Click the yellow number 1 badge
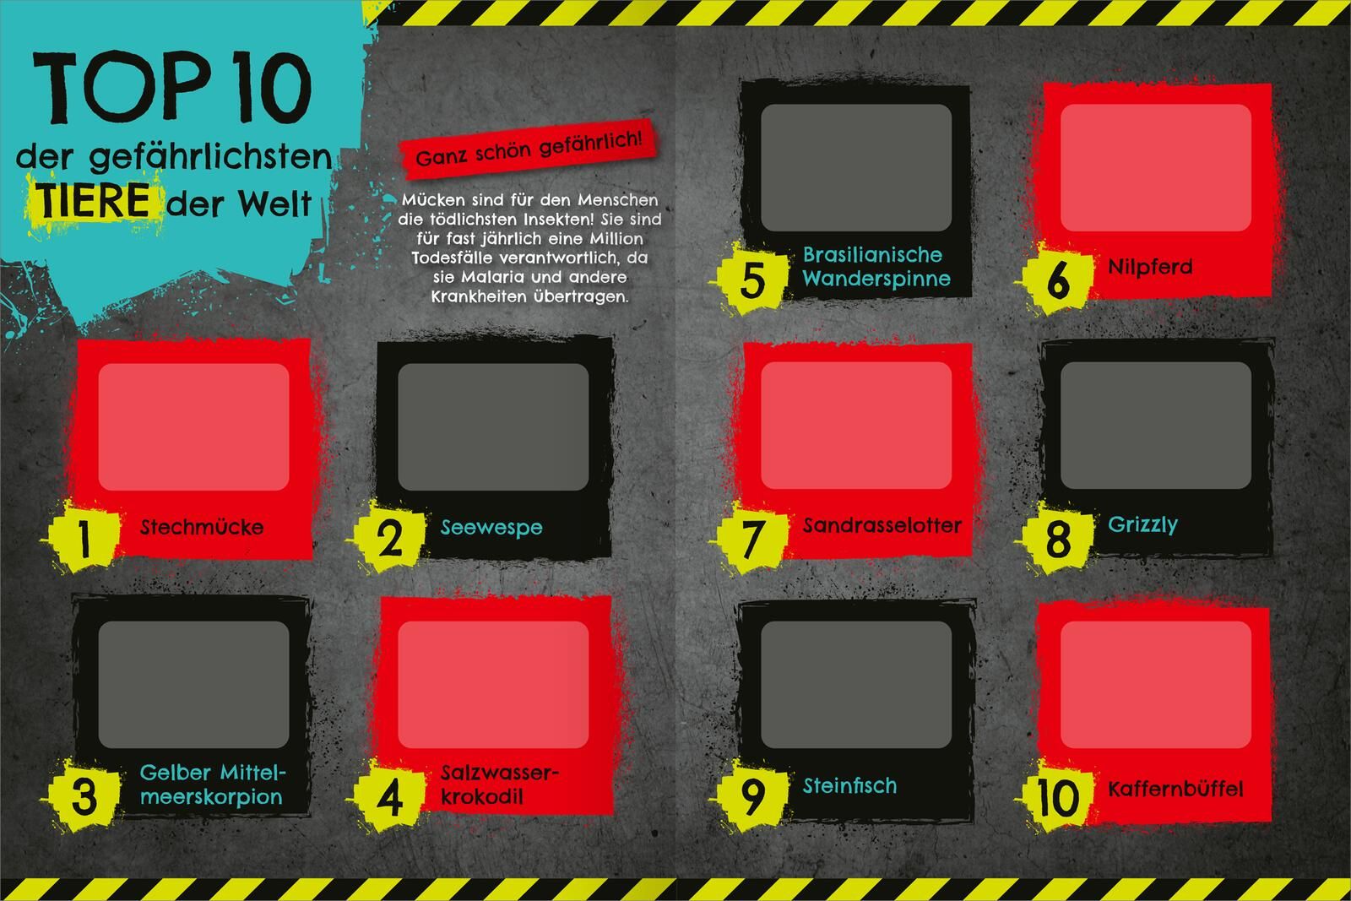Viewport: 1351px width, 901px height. [x=84, y=537]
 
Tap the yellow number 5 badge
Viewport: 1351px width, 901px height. [x=751, y=279]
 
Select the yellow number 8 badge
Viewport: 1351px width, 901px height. [x=1057, y=537]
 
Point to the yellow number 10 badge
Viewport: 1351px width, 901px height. [x=1057, y=796]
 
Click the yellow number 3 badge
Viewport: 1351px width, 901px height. [x=84, y=796]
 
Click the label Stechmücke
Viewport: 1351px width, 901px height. [x=202, y=527]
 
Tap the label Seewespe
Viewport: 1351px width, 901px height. [x=491, y=527]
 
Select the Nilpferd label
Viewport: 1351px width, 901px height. [x=1150, y=267]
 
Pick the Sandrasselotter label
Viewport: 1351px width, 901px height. [x=882, y=525]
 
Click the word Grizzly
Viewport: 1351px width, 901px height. [x=1142, y=524]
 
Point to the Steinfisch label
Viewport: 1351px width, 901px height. [x=849, y=785]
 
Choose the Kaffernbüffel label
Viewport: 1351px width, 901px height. [x=1175, y=788]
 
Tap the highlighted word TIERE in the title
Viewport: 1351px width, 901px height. [x=92, y=201]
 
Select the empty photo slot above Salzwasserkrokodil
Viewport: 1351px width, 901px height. [x=493, y=685]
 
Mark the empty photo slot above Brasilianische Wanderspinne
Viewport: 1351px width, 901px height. [x=856, y=168]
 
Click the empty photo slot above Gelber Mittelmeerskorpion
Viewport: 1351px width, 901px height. [x=193, y=685]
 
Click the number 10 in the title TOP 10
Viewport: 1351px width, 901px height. [x=271, y=88]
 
